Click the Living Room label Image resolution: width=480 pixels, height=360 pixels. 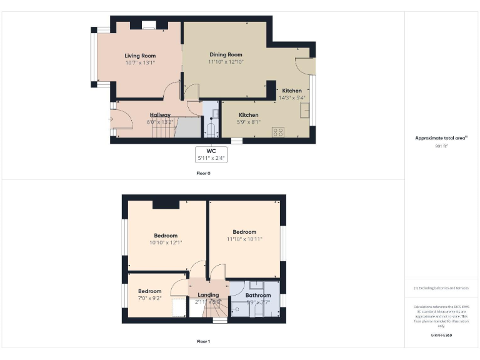(140, 56)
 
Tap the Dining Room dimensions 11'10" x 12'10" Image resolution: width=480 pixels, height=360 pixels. (226, 62)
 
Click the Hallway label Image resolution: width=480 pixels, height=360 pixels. (160, 115)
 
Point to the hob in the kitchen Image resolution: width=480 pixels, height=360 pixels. (278, 132)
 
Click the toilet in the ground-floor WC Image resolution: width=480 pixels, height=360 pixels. (211, 130)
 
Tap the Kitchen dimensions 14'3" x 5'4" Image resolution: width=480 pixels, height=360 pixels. (291, 97)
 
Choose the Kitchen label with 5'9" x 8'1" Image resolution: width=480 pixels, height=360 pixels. (249, 115)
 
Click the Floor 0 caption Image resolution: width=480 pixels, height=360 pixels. (204, 173)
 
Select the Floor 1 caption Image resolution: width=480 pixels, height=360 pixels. (204, 342)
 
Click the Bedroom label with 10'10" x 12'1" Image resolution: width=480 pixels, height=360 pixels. (166, 236)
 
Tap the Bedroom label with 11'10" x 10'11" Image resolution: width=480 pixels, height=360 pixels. (244, 232)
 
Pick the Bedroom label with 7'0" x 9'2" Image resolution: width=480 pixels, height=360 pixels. (150, 291)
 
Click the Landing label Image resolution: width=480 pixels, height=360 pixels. (208, 295)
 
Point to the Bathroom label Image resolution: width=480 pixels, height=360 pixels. (258, 295)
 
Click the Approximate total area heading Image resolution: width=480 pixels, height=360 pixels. (441, 138)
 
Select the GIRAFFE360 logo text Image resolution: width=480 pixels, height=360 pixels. (441, 336)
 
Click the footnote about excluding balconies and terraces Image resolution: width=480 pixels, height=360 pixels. (441, 288)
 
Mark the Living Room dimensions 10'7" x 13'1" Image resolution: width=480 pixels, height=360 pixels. (140, 62)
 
